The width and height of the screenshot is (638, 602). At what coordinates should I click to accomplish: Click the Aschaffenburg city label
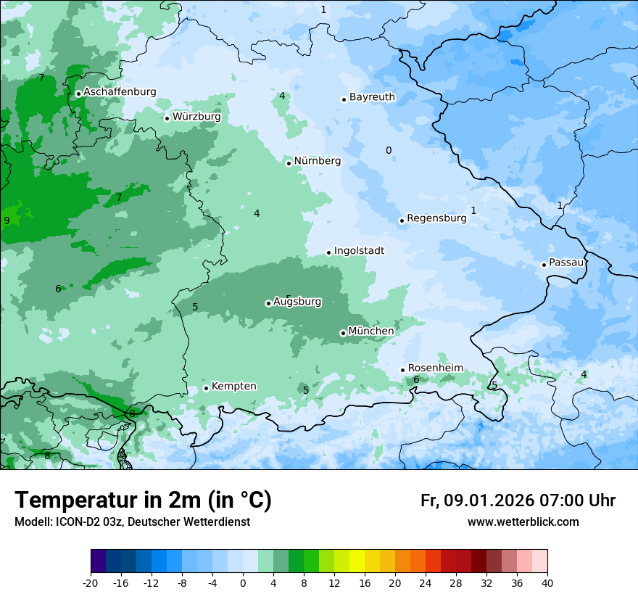(120, 92)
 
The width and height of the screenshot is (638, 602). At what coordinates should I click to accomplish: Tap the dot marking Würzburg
(167, 118)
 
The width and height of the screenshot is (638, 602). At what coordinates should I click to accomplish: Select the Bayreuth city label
(372, 97)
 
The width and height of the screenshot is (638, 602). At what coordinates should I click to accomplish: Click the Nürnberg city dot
(289, 163)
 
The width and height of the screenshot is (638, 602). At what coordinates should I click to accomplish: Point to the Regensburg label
(436, 218)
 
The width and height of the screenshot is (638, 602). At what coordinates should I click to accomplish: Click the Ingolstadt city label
(359, 251)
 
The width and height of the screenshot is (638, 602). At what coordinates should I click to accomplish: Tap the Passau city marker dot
(544, 265)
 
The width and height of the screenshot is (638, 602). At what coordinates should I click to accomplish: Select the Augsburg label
(297, 302)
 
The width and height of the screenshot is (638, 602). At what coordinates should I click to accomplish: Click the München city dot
(343, 333)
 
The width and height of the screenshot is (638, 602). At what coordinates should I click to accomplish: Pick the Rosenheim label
(435, 368)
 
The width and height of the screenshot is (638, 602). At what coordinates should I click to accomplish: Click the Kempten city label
(233, 387)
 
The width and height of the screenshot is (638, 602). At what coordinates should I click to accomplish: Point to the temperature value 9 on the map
(7, 220)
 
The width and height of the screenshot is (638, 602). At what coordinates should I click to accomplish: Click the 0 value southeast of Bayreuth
(389, 151)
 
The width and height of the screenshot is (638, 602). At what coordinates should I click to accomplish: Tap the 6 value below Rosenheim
(416, 379)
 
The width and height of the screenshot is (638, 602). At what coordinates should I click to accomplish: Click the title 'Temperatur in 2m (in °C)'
(143, 500)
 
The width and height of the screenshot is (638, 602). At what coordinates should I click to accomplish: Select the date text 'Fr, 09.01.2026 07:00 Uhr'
(518, 500)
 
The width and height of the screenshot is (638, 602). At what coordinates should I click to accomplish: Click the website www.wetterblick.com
(523, 522)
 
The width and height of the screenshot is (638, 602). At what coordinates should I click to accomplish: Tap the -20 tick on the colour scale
(91, 582)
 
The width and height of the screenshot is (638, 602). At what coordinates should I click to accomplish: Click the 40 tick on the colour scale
(547, 582)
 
